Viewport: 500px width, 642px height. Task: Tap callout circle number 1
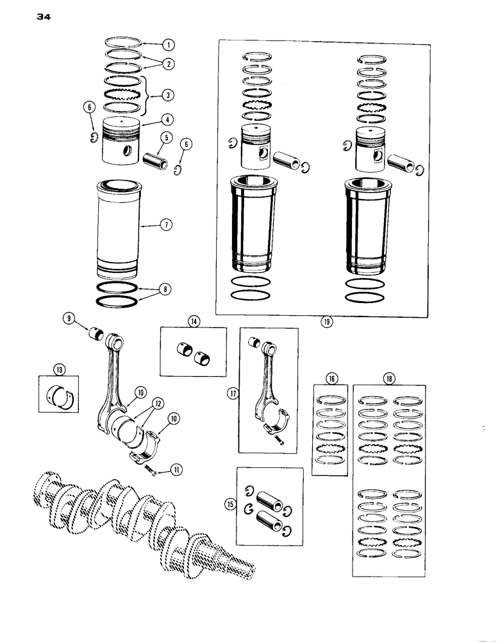coord(167,45)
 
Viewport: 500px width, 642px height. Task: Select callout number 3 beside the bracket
coord(167,94)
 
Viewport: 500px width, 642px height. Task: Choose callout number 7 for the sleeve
coord(166,225)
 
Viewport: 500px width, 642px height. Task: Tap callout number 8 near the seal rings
coord(166,290)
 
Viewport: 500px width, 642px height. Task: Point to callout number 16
coord(329,378)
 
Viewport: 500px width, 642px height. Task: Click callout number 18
coord(388,379)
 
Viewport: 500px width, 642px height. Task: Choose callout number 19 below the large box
coord(326,322)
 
